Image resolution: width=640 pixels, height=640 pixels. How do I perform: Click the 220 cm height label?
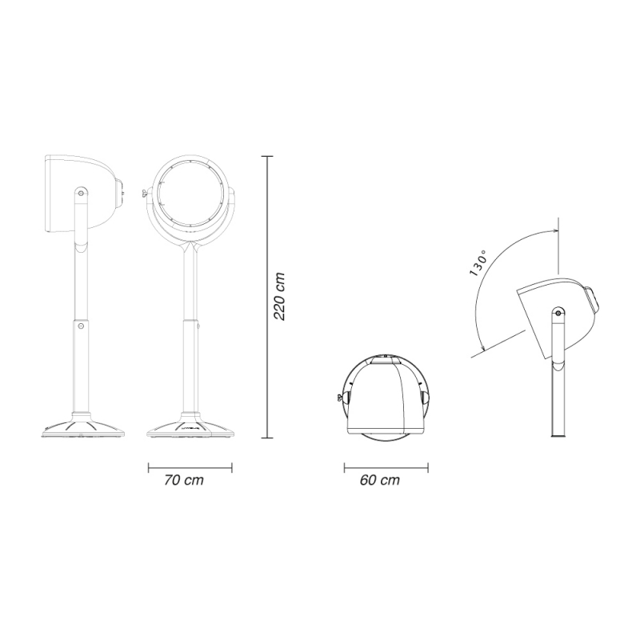coord(279,297)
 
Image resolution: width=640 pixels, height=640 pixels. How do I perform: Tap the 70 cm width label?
coord(184,480)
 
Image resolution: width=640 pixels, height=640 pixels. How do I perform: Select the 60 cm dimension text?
coord(379,480)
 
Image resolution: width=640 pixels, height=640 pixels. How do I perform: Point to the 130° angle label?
coord(478,263)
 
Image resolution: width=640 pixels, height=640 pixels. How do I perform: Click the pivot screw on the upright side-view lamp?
coord(81,192)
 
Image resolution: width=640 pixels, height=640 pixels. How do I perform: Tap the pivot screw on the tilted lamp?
coord(558,313)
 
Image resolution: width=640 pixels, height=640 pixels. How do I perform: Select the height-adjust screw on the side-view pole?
coord(81,326)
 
